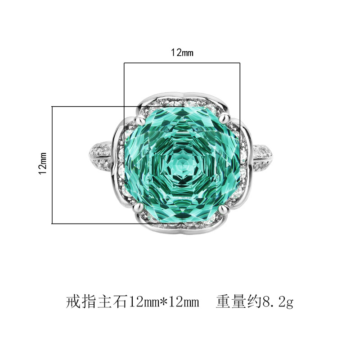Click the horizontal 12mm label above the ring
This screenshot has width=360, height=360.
(182, 53)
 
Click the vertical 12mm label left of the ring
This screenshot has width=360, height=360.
(43, 163)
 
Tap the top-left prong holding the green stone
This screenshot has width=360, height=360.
(139, 120)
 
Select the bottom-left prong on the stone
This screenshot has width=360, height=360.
(138, 207)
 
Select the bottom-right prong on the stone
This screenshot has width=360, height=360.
(224, 209)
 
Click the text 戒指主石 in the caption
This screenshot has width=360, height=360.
(96, 301)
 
